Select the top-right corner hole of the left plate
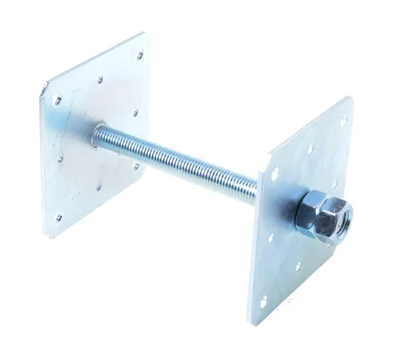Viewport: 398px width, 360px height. click(x=140, y=55)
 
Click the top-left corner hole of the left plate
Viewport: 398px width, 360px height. click(x=57, y=100)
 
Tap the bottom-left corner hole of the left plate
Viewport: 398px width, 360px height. click(x=59, y=217)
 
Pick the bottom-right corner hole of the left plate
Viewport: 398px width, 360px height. click(x=137, y=166)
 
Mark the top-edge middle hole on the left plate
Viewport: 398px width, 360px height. click(x=99, y=79)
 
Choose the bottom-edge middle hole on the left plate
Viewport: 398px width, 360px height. click(x=99, y=188)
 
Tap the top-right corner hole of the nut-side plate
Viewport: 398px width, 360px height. click(x=344, y=122)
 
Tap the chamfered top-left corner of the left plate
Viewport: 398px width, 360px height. click(x=45, y=86)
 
